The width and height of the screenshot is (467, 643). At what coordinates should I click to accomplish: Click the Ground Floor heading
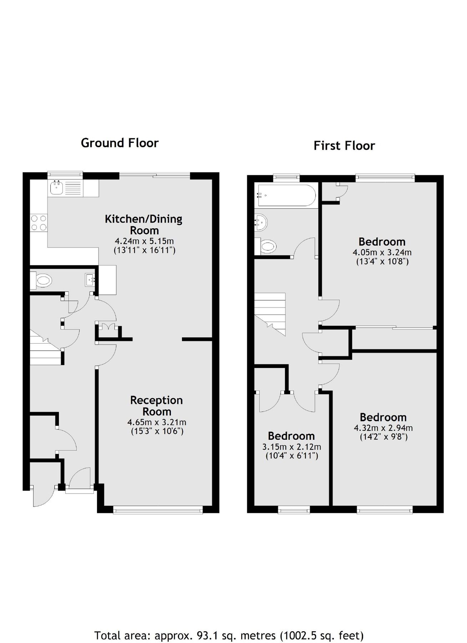[120, 143]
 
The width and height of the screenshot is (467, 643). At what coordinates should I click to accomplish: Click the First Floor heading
[344, 146]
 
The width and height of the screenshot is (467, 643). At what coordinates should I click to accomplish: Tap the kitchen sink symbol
[56, 188]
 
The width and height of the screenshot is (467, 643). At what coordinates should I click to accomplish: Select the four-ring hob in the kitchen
[39, 222]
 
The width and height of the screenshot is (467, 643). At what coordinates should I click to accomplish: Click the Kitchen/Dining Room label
[143, 224]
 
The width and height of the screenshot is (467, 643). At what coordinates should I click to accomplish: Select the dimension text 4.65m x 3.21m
[157, 422]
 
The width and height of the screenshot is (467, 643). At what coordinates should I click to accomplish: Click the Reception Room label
[156, 406]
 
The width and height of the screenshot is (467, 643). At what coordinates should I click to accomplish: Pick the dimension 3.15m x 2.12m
[291, 447]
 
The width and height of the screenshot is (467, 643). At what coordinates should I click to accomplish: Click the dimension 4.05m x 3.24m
[382, 253]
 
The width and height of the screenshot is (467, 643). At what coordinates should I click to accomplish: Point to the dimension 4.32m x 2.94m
[383, 428]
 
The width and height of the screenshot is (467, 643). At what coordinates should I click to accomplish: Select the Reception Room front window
[158, 510]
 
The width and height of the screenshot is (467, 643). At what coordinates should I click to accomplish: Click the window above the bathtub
[286, 176]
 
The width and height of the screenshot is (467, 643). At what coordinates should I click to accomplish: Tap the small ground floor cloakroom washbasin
[90, 280]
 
